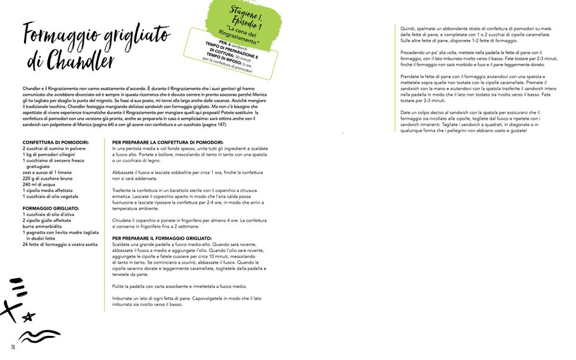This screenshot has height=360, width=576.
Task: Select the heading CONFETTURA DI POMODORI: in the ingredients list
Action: [56, 143]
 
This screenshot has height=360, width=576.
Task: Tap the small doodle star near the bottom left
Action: [27, 317]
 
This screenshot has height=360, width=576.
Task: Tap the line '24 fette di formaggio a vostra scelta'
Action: [60, 244]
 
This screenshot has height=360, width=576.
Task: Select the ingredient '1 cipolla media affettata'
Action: [48, 190]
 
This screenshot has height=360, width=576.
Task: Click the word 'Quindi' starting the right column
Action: [407, 28]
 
